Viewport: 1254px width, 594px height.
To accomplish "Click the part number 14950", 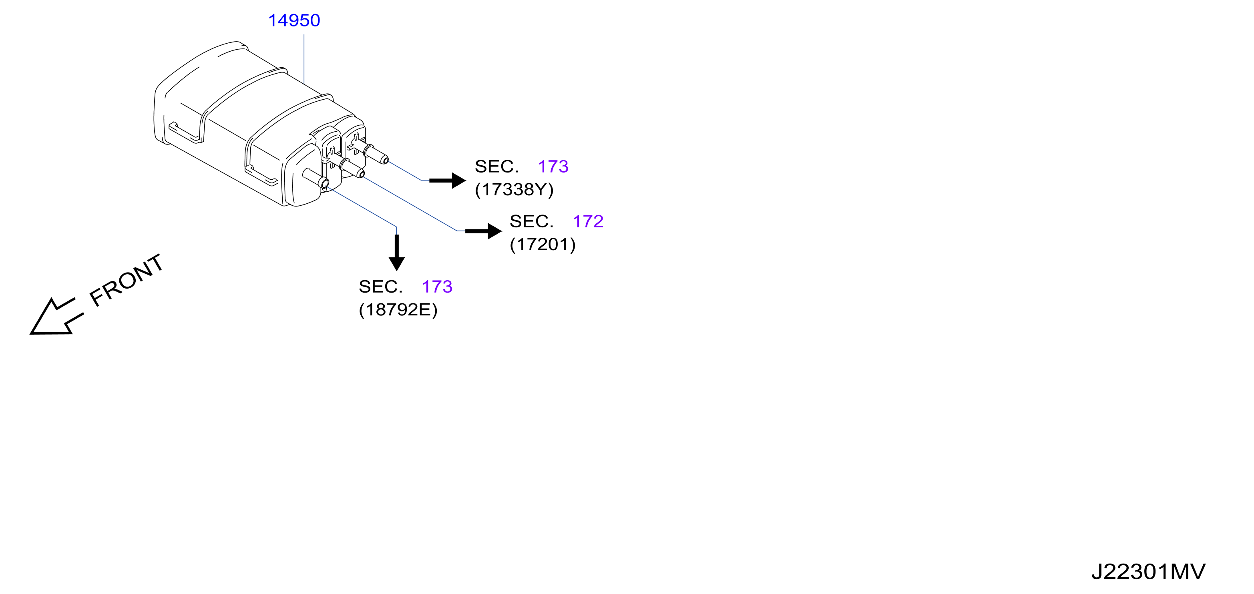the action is point(294,20).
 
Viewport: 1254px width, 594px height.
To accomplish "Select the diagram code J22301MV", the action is point(1148,572).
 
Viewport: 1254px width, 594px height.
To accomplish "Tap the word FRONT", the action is point(126,280).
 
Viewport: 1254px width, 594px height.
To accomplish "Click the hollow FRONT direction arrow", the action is point(56,317).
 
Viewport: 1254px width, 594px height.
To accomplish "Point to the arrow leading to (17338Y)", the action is point(447,181).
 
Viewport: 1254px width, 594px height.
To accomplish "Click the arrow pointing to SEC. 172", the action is point(483,231).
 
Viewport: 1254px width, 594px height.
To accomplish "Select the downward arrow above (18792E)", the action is point(397,253).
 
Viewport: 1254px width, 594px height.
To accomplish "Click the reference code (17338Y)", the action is point(514,189).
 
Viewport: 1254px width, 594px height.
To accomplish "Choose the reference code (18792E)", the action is point(398,309).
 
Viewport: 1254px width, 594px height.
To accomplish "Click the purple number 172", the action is point(588,221).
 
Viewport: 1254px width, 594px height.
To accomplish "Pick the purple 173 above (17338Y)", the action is point(553,167).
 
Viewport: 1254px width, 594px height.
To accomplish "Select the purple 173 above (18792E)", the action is point(437,287).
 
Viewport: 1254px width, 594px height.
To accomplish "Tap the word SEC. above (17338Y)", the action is point(496,167).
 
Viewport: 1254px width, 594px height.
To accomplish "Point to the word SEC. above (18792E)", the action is point(381,287).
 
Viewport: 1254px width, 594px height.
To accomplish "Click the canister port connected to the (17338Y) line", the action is point(375,153).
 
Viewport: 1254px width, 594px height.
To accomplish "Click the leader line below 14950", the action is point(304,59).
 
